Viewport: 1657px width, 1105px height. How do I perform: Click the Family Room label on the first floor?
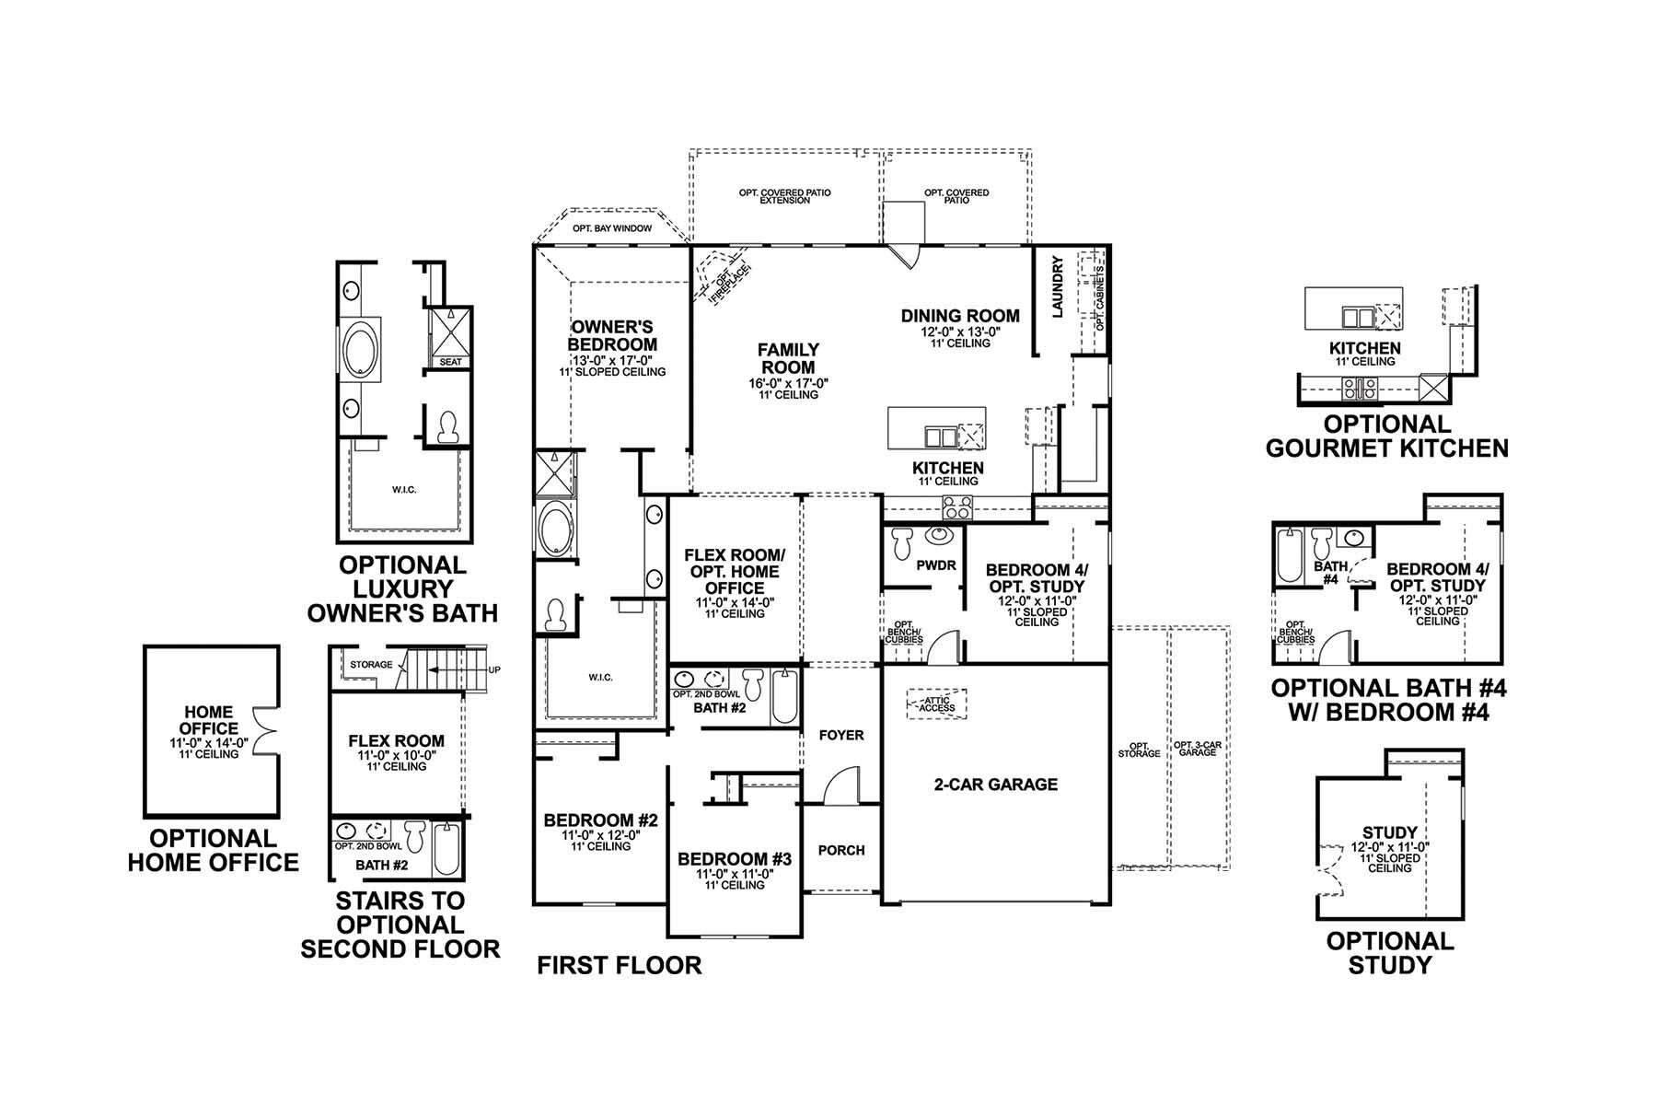[788, 358]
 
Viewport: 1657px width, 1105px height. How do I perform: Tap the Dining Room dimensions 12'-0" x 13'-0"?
[960, 331]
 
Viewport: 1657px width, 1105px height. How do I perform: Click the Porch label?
[841, 850]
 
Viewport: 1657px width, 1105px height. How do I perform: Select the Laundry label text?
[1057, 287]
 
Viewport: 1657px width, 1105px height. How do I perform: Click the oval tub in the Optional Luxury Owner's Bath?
[360, 352]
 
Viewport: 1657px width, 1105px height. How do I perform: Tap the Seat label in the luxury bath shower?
[450, 362]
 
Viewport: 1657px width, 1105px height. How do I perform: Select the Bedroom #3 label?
[735, 860]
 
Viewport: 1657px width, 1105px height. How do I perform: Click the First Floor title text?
[619, 965]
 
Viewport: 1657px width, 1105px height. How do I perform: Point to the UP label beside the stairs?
[494, 669]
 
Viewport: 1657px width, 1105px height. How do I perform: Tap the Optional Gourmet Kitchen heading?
[1386, 436]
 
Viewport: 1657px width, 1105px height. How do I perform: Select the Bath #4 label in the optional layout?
[1330, 573]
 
